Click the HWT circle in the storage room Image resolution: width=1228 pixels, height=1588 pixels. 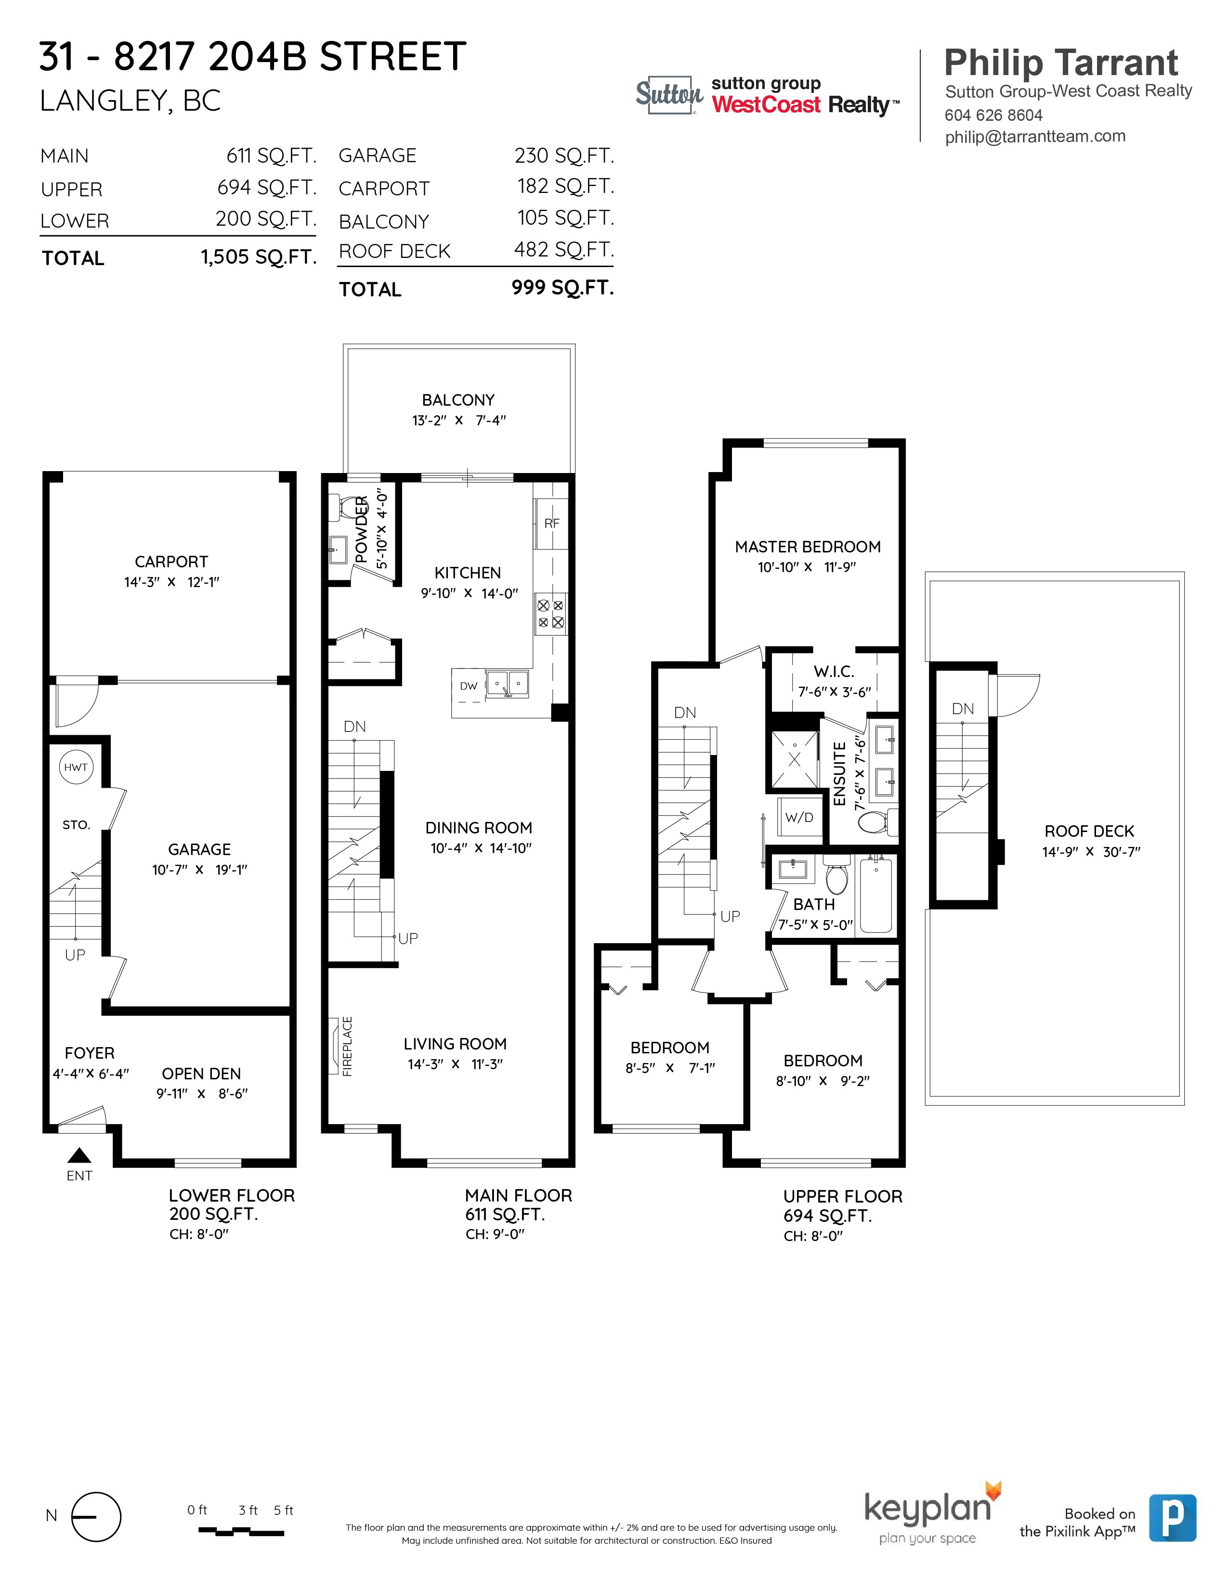click(x=76, y=767)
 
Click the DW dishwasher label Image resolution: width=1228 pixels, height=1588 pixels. click(x=469, y=686)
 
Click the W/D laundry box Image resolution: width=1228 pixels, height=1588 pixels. click(x=799, y=817)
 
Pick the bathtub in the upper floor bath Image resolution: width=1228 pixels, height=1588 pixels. click(x=876, y=896)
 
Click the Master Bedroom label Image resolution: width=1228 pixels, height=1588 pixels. click(x=808, y=547)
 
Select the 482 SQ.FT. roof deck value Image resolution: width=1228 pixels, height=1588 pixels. click(x=564, y=249)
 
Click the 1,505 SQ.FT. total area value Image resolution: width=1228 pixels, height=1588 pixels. click(x=259, y=256)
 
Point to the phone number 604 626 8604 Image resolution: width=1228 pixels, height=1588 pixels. click(x=993, y=115)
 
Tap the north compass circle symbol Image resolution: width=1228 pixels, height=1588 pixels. click(x=96, y=1517)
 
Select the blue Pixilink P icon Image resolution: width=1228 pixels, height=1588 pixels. click(x=1173, y=1518)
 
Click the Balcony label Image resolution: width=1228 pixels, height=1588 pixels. click(x=458, y=400)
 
